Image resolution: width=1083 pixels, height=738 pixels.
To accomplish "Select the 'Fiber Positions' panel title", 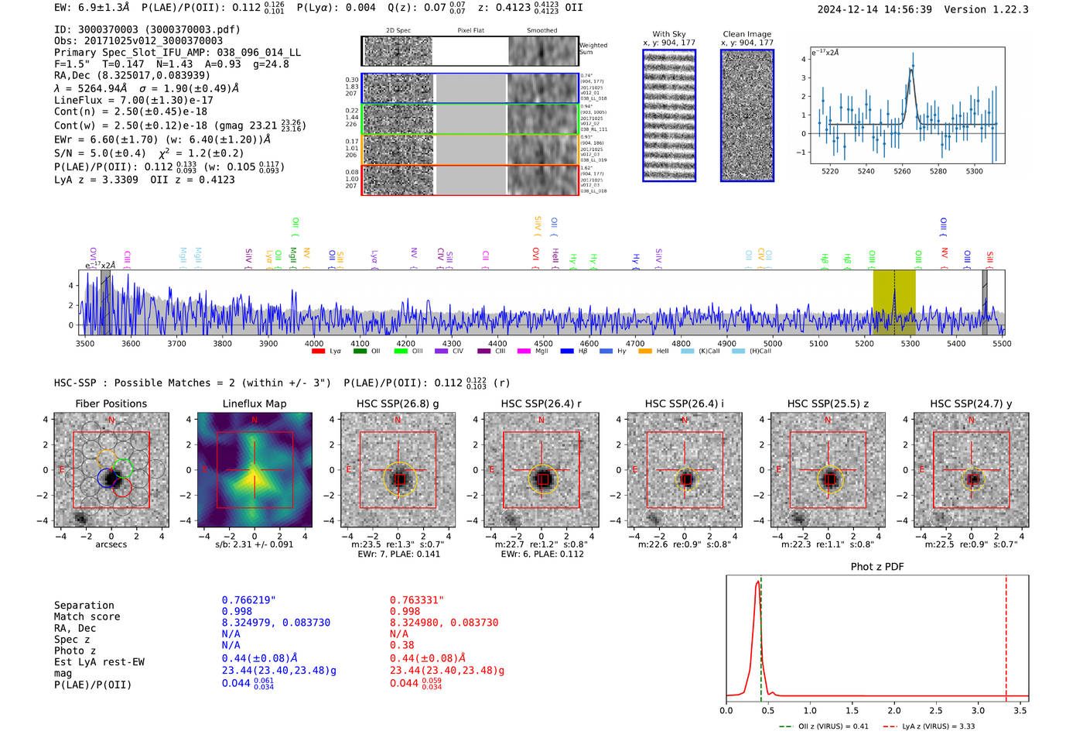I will click(111, 403).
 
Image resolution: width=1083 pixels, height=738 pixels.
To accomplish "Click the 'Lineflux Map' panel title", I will click(255, 403).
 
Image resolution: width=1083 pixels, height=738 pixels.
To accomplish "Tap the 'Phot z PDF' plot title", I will click(877, 567).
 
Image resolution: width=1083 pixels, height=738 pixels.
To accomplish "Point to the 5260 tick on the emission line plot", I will click(902, 171).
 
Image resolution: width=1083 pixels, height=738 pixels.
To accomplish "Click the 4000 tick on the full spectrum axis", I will click(314, 343).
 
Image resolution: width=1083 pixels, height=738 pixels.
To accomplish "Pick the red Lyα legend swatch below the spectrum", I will click(318, 352).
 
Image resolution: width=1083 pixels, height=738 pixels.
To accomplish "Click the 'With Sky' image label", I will click(669, 34).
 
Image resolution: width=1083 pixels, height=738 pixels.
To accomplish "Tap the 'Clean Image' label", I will click(746, 34).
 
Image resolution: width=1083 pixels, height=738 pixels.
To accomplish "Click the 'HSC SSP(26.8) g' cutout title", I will click(398, 403).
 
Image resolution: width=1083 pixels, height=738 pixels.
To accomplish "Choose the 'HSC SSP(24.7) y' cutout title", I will click(971, 403).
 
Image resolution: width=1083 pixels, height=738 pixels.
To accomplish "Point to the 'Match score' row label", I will click(87, 617).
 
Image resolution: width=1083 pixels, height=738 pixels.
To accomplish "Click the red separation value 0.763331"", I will click(417, 600).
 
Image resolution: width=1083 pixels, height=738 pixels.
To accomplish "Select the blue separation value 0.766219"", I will click(249, 600).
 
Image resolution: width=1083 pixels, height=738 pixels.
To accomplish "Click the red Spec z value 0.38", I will click(401, 645).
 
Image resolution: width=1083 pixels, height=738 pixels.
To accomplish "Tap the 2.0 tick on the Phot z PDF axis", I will click(894, 710).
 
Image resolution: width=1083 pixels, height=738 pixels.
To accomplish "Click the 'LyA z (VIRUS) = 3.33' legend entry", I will click(938, 726).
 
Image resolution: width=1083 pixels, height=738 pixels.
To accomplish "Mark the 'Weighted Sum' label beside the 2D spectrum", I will click(593, 49).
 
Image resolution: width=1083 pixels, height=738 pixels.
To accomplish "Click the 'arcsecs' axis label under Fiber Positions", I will click(111, 544).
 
